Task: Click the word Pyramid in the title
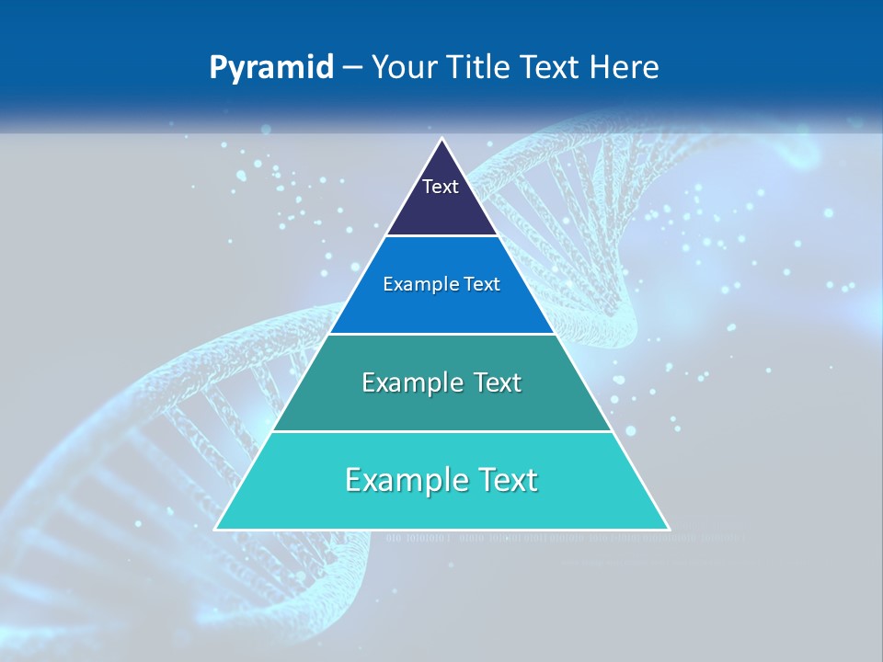pyautogui.click(x=271, y=68)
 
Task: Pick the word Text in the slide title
pyautogui.click(x=554, y=68)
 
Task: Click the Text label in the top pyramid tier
pyautogui.click(x=440, y=187)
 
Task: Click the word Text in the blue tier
pyautogui.click(x=482, y=284)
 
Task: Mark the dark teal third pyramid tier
pyautogui.click(x=441, y=409)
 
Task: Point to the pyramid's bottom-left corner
pyautogui.click(x=216, y=529)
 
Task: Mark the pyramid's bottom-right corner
pyautogui.click(x=668, y=529)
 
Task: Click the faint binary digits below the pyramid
pyautogui.click(x=515, y=539)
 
